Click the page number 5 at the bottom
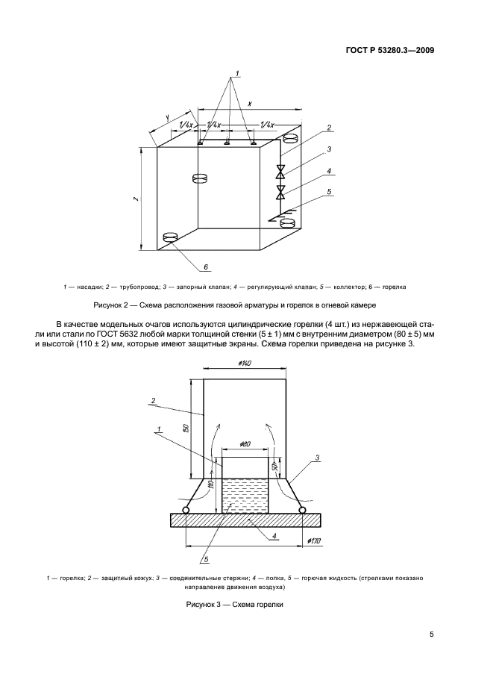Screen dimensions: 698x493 (431, 635)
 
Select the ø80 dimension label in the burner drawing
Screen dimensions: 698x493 (245, 444)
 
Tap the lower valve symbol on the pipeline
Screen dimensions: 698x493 (280, 193)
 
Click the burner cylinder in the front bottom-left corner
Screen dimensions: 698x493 (171, 237)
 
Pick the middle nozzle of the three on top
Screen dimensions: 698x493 (227, 142)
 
